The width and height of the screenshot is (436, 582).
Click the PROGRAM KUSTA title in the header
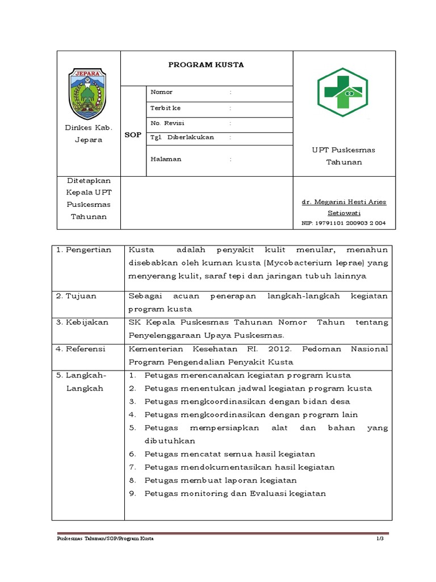click(206, 65)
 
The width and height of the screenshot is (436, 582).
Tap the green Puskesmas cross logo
click(342, 92)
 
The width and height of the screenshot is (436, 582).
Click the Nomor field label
click(161, 92)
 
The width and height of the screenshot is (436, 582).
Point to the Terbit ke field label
click(165, 108)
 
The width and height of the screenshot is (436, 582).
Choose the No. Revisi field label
click(167, 123)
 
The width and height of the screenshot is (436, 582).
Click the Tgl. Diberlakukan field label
click(182, 138)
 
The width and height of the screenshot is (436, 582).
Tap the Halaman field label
click(166, 159)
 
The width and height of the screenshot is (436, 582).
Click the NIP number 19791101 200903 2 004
click(343, 223)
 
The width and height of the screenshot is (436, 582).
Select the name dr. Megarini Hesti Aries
click(343, 202)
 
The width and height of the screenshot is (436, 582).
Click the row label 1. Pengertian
click(83, 250)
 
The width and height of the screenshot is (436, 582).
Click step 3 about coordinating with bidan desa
click(247, 401)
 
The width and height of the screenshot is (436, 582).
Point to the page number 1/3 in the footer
click(380, 538)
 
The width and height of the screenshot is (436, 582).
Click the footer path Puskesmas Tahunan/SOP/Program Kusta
click(106, 538)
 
